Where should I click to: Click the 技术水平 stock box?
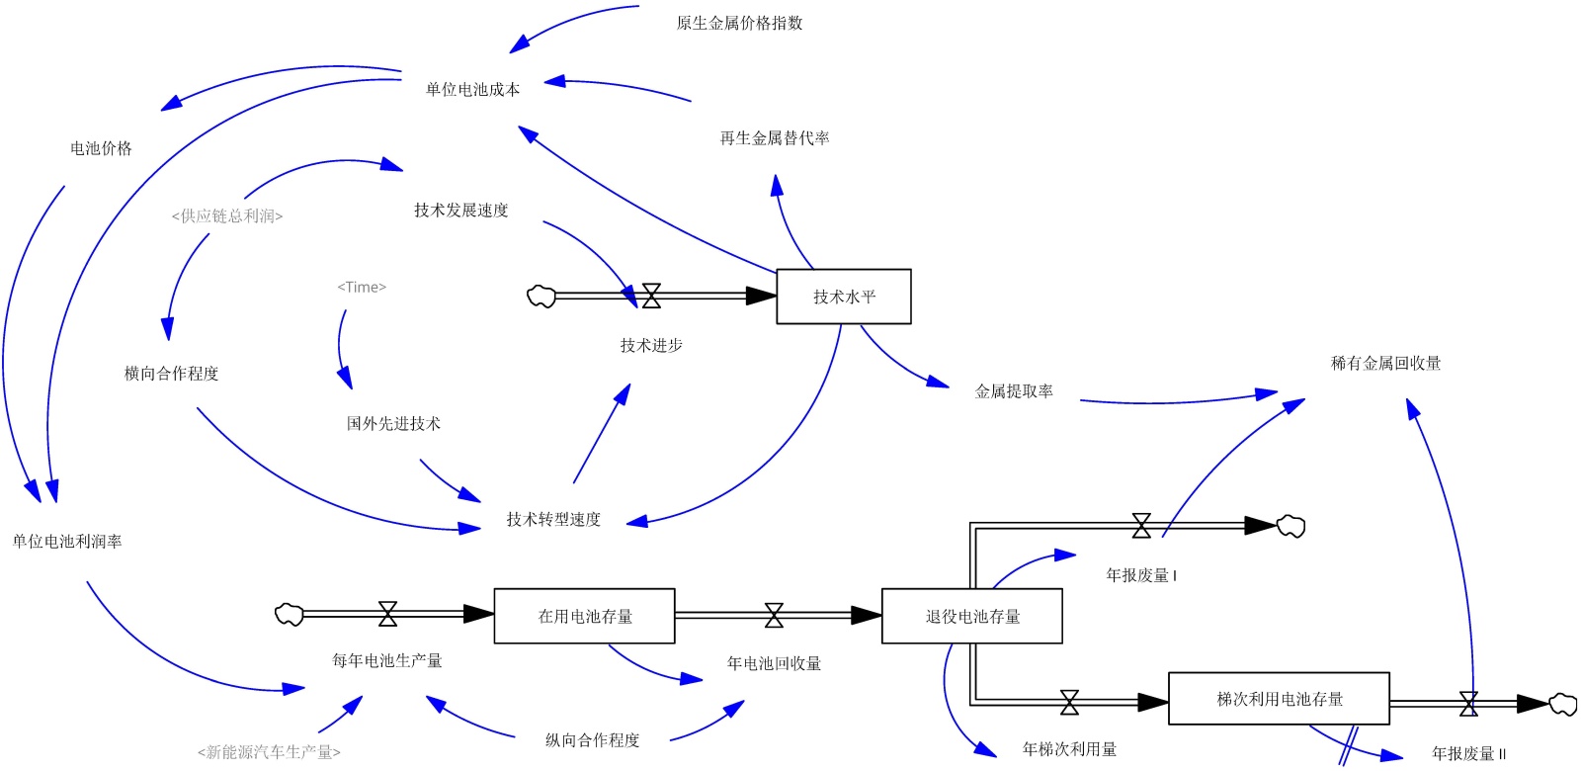pyautogui.click(x=844, y=297)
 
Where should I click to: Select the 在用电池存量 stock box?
pyautogui.click(x=584, y=616)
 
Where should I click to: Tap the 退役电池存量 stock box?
pyautogui.click(x=971, y=616)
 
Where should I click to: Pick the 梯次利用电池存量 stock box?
pyautogui.click(x=1279, y=699)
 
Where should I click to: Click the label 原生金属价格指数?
pyautogui.click(x=739, y=23)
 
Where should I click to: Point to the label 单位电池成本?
pyautogui.click(x=472, y=89)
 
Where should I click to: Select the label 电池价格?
pyautogui.click(x=101, y=148)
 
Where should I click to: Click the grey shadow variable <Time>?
pyautogui.click(x=362, y=287)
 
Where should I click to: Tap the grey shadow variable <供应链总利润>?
pyautogui.click(x=227, y=215)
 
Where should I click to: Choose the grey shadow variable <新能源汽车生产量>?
pyautogui.click(x=269, y=752)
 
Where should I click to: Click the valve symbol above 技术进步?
pyautogui.click(x=651, y=296)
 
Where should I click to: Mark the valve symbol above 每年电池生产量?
pyautogui.click(x=387, y=614)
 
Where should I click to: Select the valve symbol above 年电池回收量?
pyautogui.click(x=774, y=616)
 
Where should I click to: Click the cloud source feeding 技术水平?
pyautogui.click(x=541, y=296)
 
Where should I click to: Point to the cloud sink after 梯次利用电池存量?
pyautogui.click(x=1562, y=704)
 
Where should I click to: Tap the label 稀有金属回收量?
pyautogui.click(x=1385, y=363)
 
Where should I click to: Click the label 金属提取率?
pyautogui.click(x=1014, y=391)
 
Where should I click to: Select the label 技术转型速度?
pyautogui.click(x=553, y=519)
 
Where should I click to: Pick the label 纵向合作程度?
pyautogui.click(x=592, y=739)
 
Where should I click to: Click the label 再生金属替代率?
pyautogui.click(x=775, y=138)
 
